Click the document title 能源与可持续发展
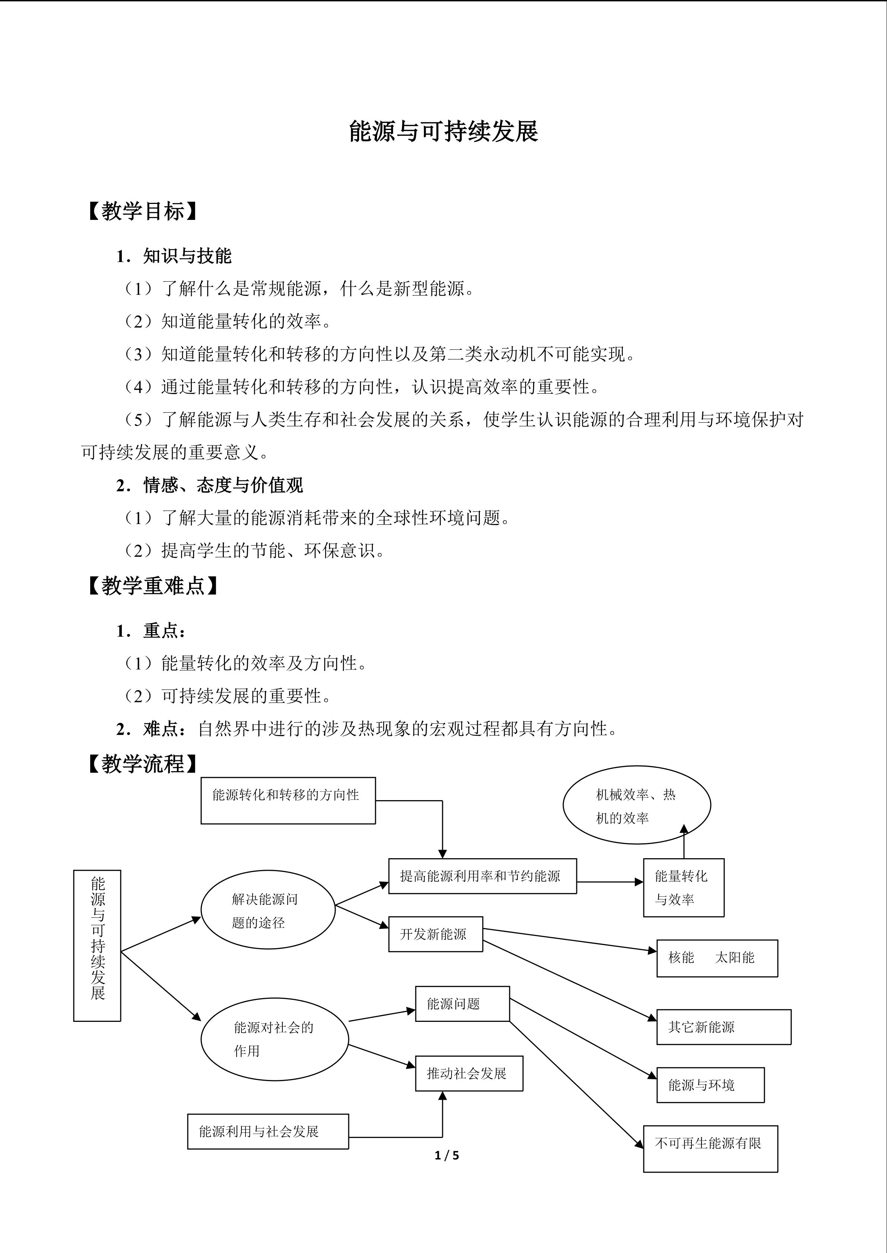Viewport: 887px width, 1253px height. (x=443, y=131)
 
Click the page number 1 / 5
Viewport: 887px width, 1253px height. (x=447, y=1155)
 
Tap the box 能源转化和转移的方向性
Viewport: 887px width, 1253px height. (x=288, y=800)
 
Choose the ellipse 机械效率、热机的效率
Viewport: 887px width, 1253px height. (x=636, y=805)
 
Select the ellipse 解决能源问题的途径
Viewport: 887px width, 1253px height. (x=267, y=910)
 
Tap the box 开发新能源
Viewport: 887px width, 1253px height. (x=435, y=934)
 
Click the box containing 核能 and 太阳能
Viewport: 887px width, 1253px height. (x=717, y=958)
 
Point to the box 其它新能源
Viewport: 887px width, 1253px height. (x=723, y=1027)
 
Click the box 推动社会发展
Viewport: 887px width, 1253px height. (x=469, y=1074)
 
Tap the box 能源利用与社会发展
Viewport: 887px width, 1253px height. (x=267, y=1131)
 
